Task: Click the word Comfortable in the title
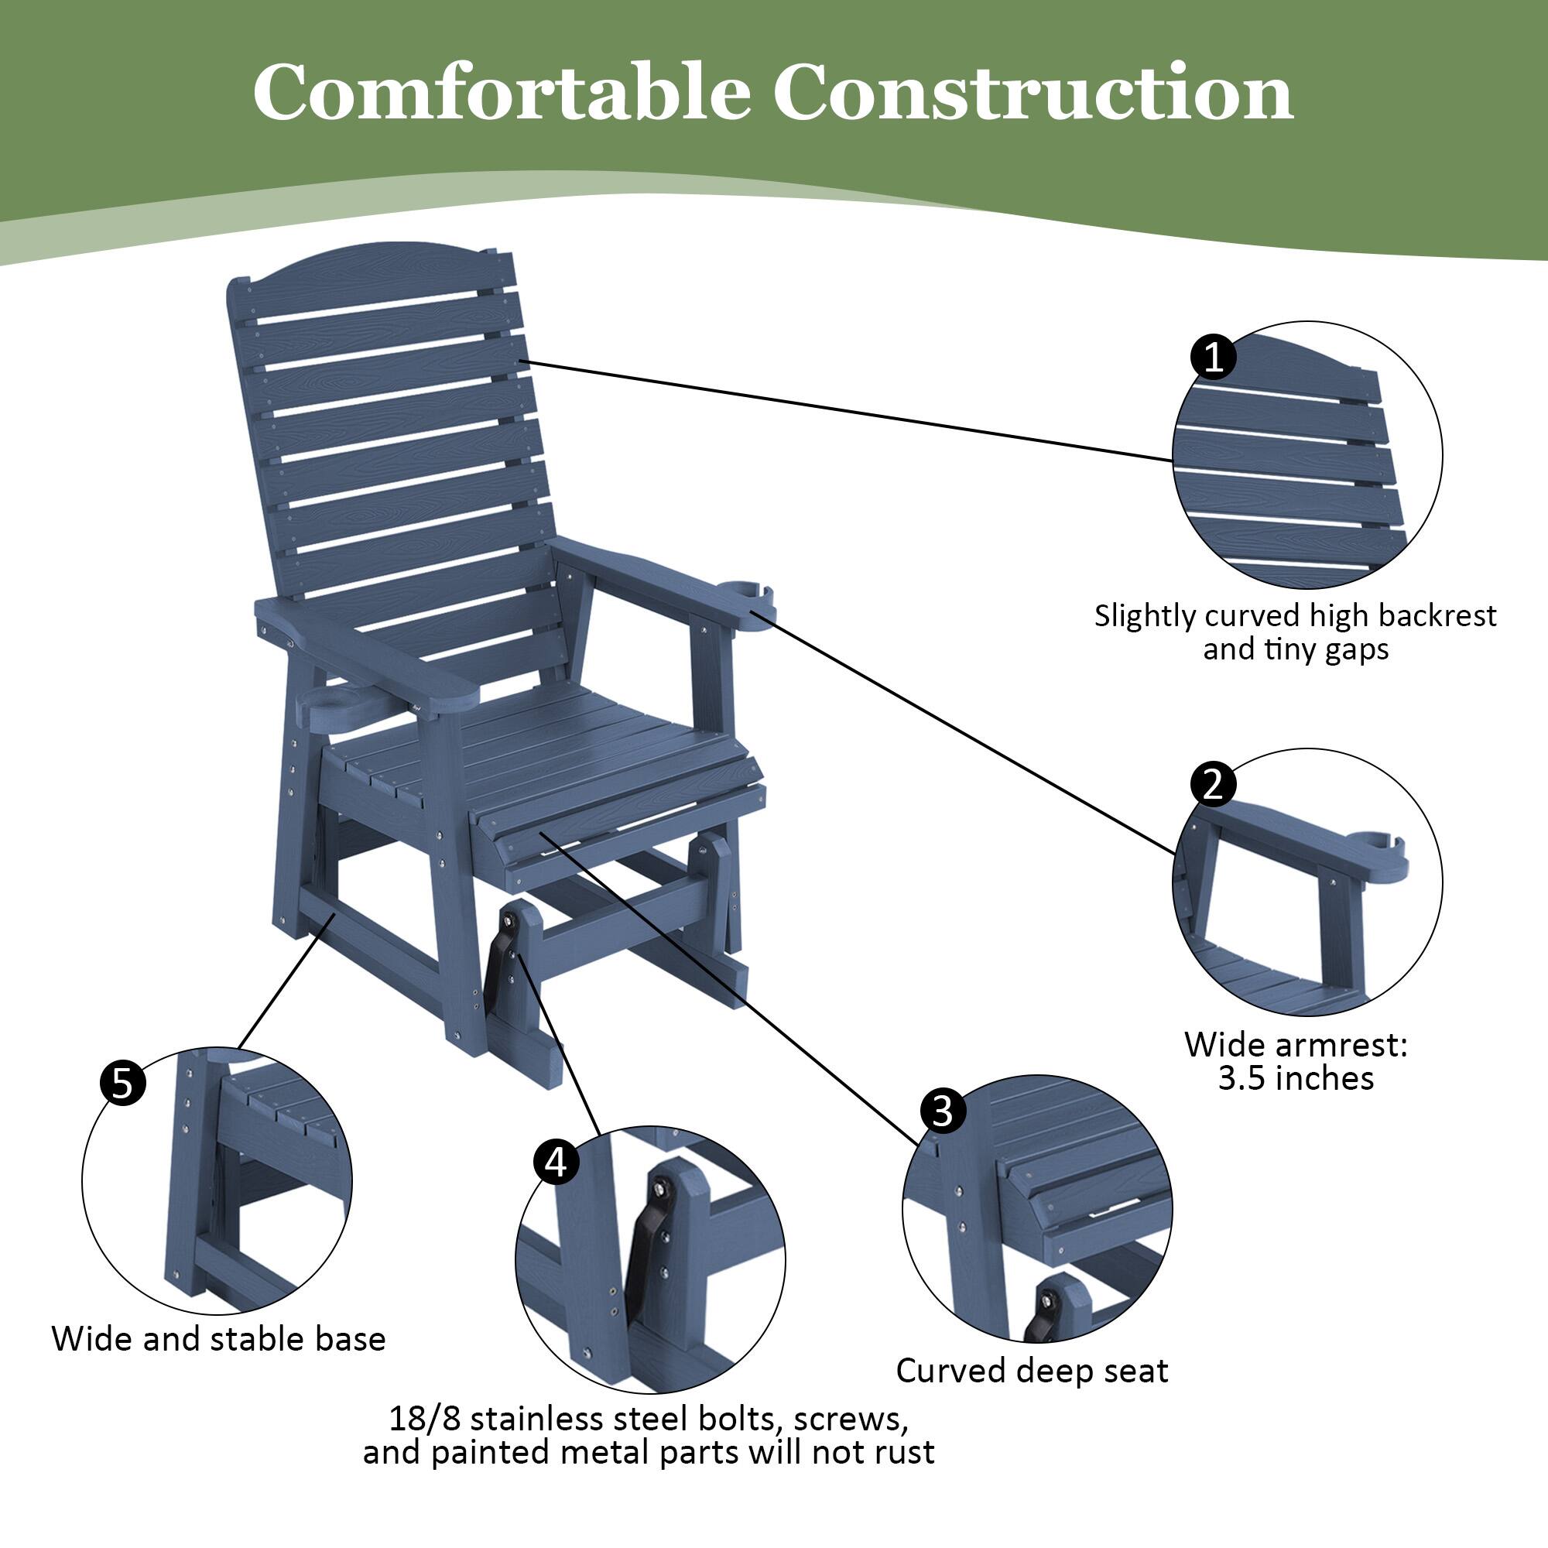coord(501,94)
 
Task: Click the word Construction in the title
coord(1033,94)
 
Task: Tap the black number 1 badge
coord(1213,357)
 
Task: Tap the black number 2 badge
coord(1213,783)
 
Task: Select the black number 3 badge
coord(942,1112)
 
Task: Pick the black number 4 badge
coord(556,1162)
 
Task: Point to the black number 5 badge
coord(122,1084)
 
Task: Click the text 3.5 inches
coord(1296,1079)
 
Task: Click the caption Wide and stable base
coord(218,1339)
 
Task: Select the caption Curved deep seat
coord(1032,1371)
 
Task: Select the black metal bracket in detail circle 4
coord(653,1238)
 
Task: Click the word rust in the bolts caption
coord(905,1452)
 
